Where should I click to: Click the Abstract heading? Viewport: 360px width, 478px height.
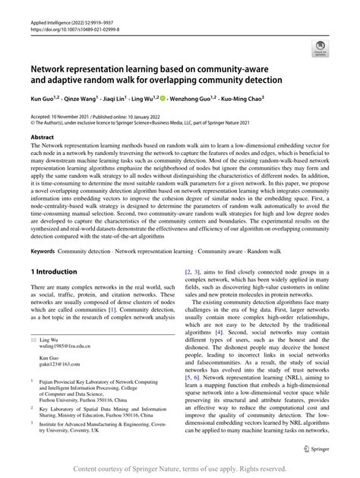pyautogui.click(x=43, y=136)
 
